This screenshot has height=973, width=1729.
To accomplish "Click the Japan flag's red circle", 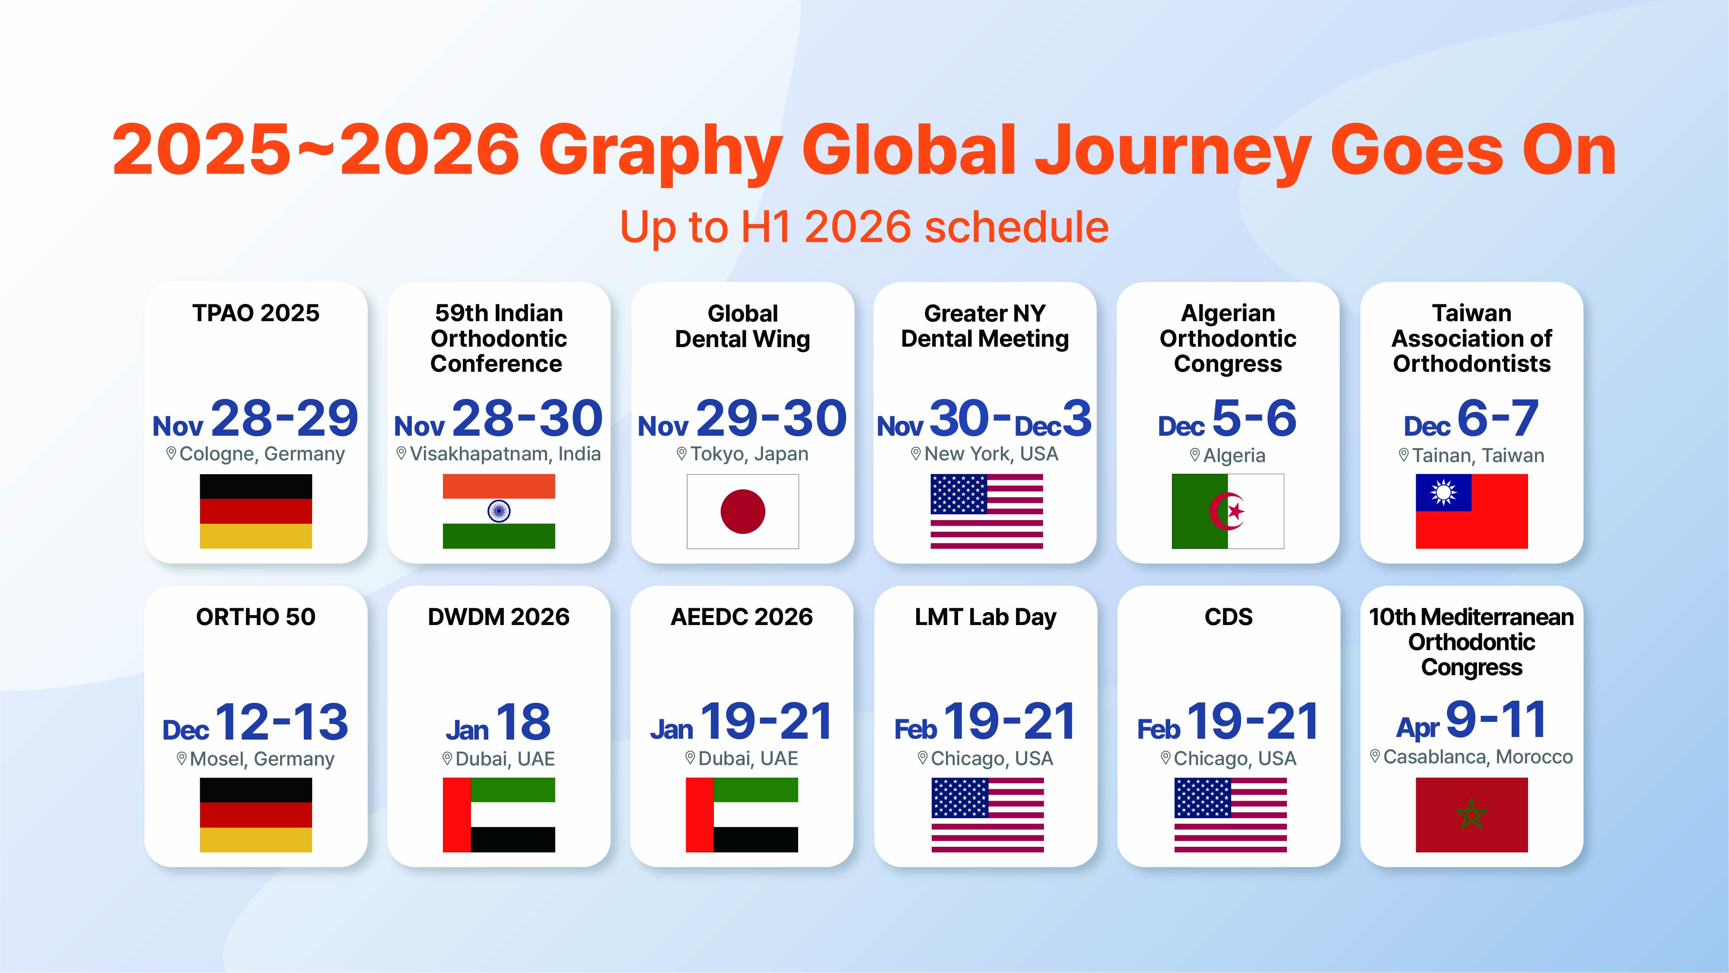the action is (x=742, y=512).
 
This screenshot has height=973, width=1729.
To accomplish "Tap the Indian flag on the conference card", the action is (x=499, y=512).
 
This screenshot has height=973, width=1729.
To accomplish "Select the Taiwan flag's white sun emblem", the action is (x=1443, y=493).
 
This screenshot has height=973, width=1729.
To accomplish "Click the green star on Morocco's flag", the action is (x=1471, y=814).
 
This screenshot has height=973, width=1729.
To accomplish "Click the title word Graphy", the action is (x=660, y=151).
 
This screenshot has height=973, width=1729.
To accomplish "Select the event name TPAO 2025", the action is (x=256, y=313).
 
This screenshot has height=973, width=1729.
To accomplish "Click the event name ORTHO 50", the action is (x=256, y=616).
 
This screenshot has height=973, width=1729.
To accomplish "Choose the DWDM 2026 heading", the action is (x=499, y=616).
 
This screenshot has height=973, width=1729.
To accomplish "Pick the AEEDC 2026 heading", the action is (x=742, y=616).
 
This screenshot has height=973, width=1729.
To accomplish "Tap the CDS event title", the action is (x=1228, y=616).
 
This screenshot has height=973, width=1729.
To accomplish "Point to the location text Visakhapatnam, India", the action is (x=505, y=454).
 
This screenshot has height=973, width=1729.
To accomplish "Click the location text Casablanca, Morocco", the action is (x=1478, y=757).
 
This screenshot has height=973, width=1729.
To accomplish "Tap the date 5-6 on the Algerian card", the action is (x=1255, y=418).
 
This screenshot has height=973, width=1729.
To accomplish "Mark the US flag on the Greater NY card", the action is (x=987, y=512).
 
